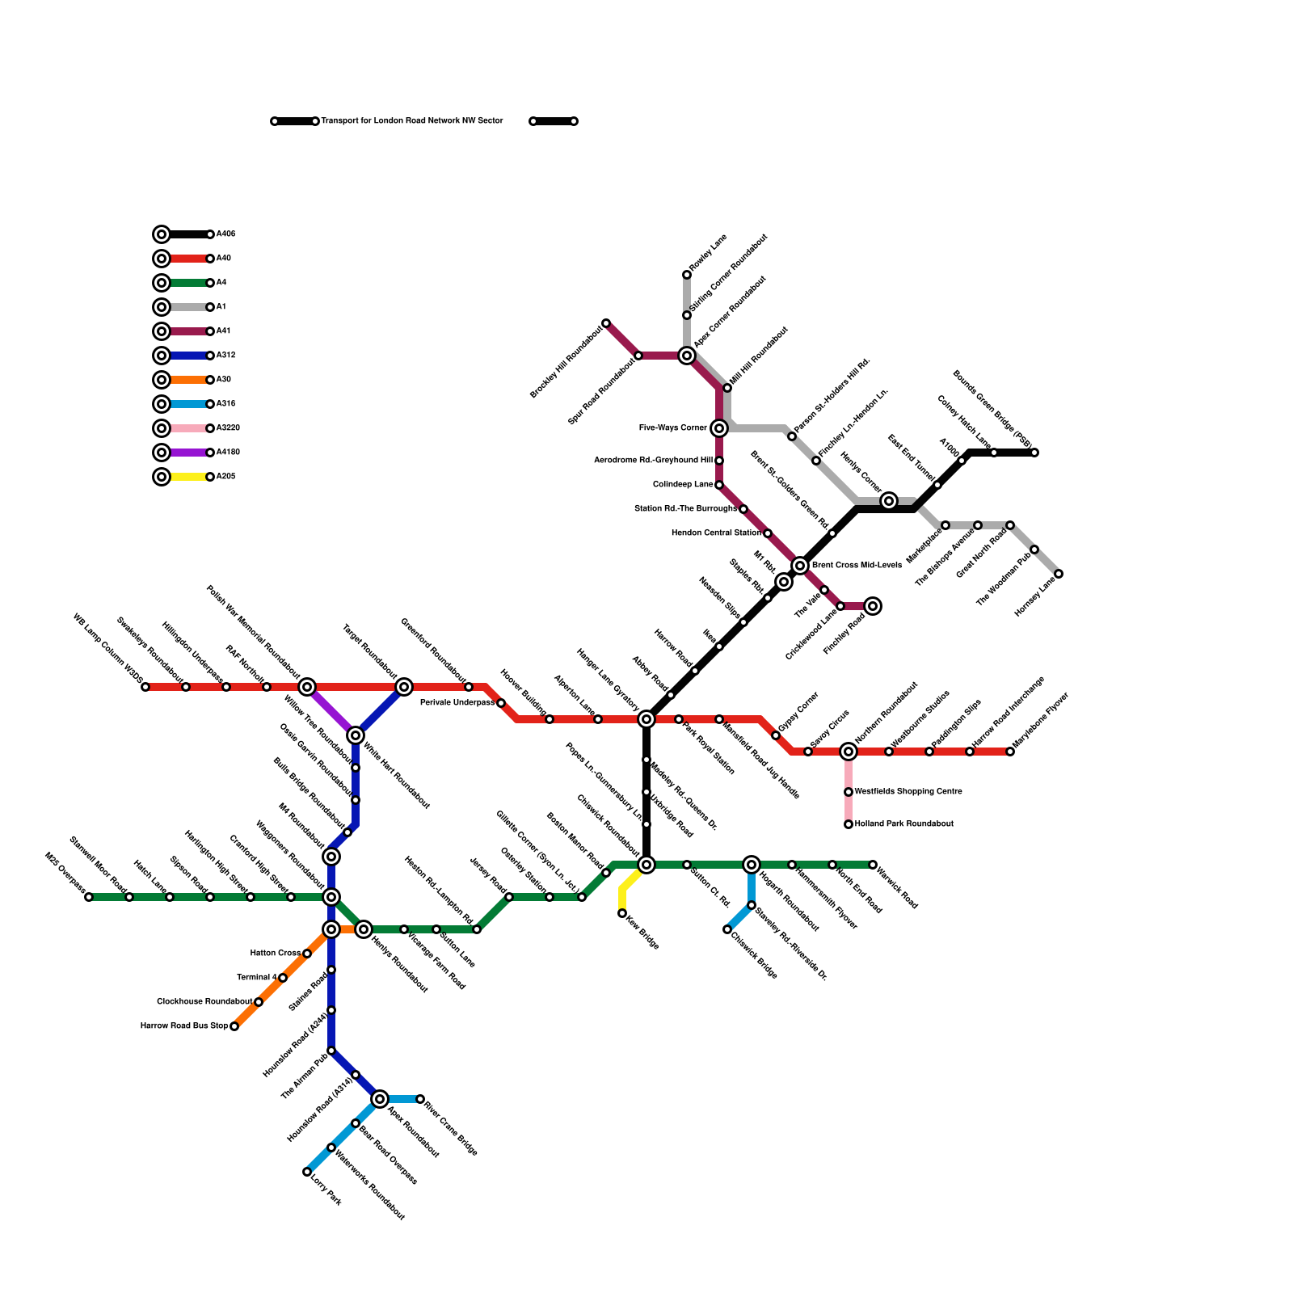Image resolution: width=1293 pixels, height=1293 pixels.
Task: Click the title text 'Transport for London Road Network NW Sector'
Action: click(412, 121)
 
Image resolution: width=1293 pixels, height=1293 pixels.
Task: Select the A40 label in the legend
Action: click(224, 259)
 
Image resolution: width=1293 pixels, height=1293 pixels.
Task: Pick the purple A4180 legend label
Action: click(228, 453)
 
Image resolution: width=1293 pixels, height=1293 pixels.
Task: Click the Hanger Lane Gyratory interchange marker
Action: click(646, 719)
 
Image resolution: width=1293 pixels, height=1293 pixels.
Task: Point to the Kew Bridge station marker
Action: click(622, 913)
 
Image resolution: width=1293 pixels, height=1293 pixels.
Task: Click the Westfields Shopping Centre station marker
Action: click(849, 792)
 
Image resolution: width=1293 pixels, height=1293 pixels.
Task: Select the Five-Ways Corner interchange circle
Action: click(719, 428)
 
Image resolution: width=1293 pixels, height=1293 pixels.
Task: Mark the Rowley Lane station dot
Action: click(687, 275)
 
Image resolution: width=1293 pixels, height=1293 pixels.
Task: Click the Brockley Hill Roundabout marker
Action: click(606, 323)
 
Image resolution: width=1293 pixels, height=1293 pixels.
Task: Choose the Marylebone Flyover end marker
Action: click(1010, 752)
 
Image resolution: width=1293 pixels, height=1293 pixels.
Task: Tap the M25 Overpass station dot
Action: click(89, 897)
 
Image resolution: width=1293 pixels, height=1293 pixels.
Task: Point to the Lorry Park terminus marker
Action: click(307, 1172)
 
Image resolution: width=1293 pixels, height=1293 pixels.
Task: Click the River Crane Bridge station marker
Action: click(420, 1099)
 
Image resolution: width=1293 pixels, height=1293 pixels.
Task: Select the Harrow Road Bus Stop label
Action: click(184, 1026)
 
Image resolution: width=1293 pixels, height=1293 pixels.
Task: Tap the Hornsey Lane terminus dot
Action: click(1059, 574)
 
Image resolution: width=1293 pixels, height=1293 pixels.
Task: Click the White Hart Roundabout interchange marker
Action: click(356, 735)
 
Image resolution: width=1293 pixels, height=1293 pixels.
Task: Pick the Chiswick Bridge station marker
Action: click(727, 929)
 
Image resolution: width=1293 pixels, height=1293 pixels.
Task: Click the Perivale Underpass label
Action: click(457, 703)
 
